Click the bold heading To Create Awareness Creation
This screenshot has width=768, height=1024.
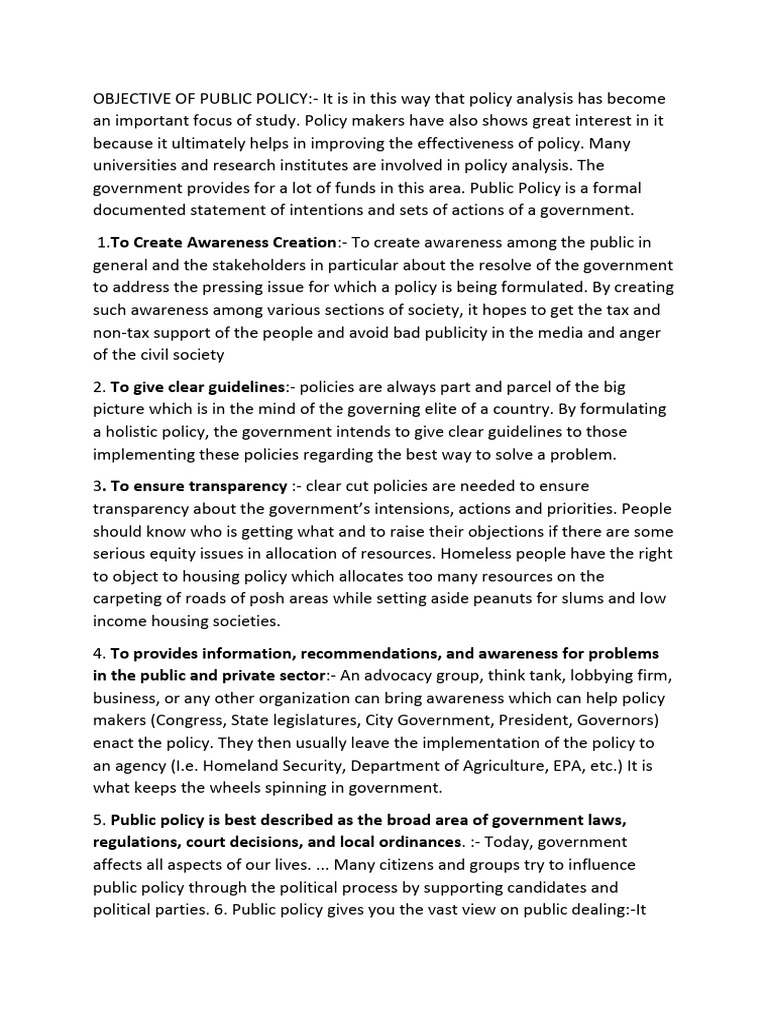pos(223,243)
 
